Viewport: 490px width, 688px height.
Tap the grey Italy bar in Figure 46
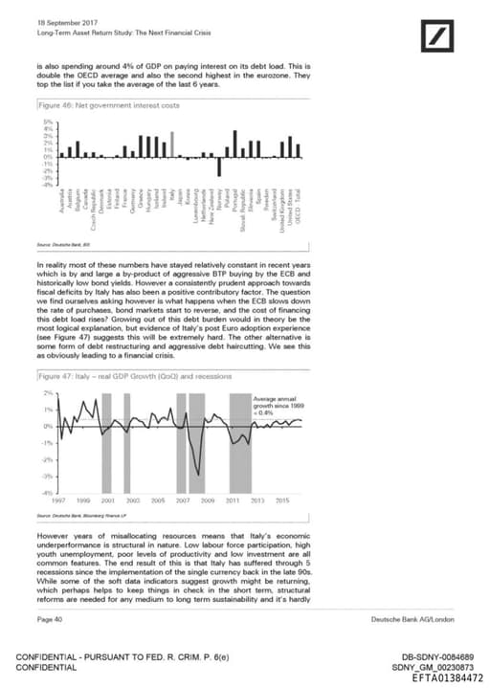click(172, 144)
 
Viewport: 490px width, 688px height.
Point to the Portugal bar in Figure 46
click(233, 144)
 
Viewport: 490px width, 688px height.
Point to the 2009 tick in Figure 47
click(207, 499)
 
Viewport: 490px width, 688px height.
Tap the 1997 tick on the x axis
click(56, 499)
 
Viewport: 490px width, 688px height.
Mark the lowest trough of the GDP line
click(197, 474)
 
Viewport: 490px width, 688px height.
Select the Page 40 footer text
click(50, 621)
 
